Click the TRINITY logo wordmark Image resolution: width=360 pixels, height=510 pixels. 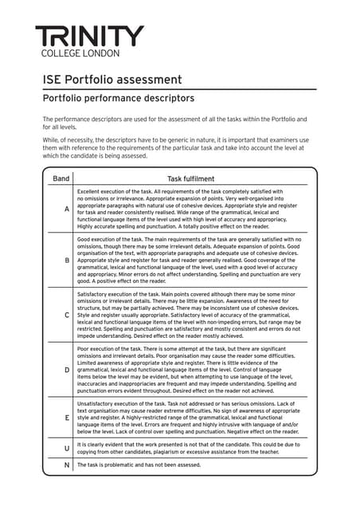click(89, 35)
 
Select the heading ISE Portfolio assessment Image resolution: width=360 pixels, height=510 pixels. click(112, 80)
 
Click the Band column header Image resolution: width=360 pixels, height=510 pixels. click(61, 178)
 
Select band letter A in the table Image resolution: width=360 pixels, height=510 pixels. click(67, 209)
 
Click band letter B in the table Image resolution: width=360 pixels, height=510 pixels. click(67, 261)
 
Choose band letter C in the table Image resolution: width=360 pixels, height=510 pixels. click(67, 315)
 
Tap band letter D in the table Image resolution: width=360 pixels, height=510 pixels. click(67, 370)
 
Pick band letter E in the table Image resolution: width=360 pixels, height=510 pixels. click(67, 418)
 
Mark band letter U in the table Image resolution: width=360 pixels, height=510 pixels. click(67, 449)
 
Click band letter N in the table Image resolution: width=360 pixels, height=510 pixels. click(67, 465)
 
